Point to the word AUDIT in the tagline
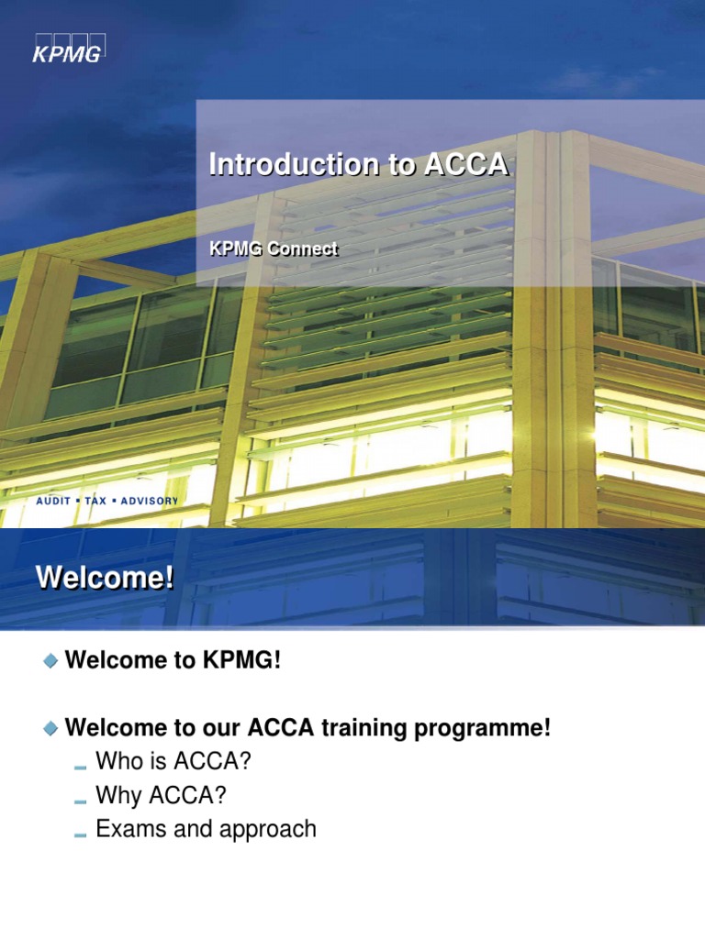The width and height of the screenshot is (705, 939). (x=53, y=502)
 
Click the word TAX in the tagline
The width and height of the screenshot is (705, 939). (x=95, y=502)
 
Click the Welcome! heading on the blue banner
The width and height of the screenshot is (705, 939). (x=104, y=580)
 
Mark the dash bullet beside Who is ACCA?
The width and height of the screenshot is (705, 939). (x=79, y=765)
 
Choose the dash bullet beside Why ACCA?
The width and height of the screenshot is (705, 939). (x=79, y=799)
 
